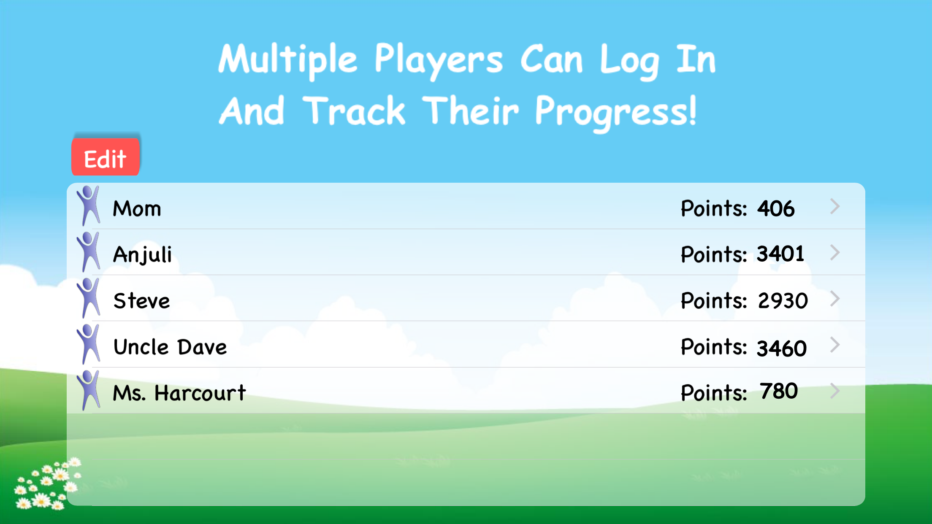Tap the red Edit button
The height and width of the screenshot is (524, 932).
(106, 157)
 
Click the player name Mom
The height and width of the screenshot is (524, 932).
(137, 208)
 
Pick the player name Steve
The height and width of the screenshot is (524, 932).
(142, 301)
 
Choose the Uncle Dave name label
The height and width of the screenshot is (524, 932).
(170, 347)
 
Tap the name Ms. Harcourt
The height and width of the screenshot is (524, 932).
(179, 393)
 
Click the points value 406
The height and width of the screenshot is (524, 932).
(776, 208)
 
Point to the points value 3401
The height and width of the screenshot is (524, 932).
(780, 254)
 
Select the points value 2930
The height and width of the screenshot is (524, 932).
(783, 301)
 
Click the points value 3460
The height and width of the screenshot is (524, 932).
(782, 348)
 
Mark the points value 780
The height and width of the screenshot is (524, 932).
(779, 391)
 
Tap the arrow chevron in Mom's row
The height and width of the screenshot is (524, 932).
(834, 206)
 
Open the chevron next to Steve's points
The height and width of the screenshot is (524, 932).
(834, 299)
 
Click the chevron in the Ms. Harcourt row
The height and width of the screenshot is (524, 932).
(834, 391)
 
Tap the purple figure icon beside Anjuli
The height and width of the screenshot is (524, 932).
(88, 252)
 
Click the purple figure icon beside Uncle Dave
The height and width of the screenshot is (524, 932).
(88, 344)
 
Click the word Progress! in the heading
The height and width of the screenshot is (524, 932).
(616, 112)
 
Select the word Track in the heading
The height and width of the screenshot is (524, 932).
(354, 110)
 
